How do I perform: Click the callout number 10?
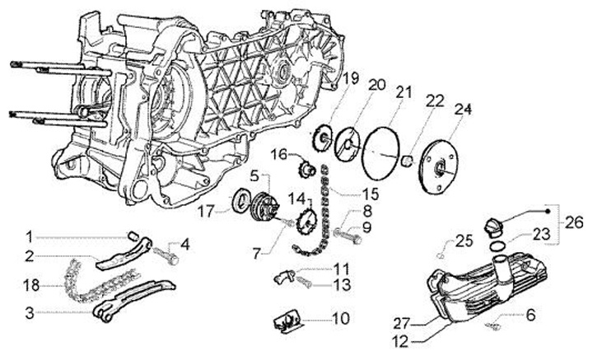(339, 317)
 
